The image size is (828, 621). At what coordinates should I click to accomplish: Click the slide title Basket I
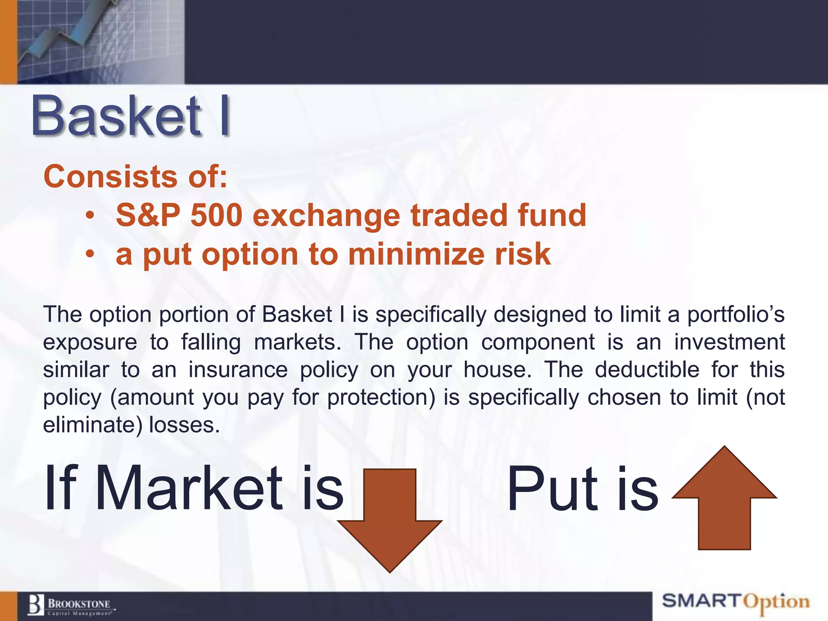tap(130, 116)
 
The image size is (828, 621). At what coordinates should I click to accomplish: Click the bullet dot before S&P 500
tap(90, 216)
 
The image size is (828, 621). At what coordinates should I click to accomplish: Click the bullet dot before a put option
tap(90, 255)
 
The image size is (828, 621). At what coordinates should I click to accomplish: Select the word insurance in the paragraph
tap(238, 370)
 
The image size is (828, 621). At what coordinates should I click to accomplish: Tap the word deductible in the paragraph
tap(646, 370)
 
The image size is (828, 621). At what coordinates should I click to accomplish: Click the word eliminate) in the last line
tap(93, 425)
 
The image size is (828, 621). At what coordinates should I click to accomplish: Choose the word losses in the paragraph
tap(184, 425)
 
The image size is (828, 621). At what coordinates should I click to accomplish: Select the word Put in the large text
tap(552, 489)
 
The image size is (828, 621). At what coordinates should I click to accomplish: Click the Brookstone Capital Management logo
tap(71, 605)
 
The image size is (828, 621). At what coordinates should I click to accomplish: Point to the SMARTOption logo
tap(735, 602)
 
